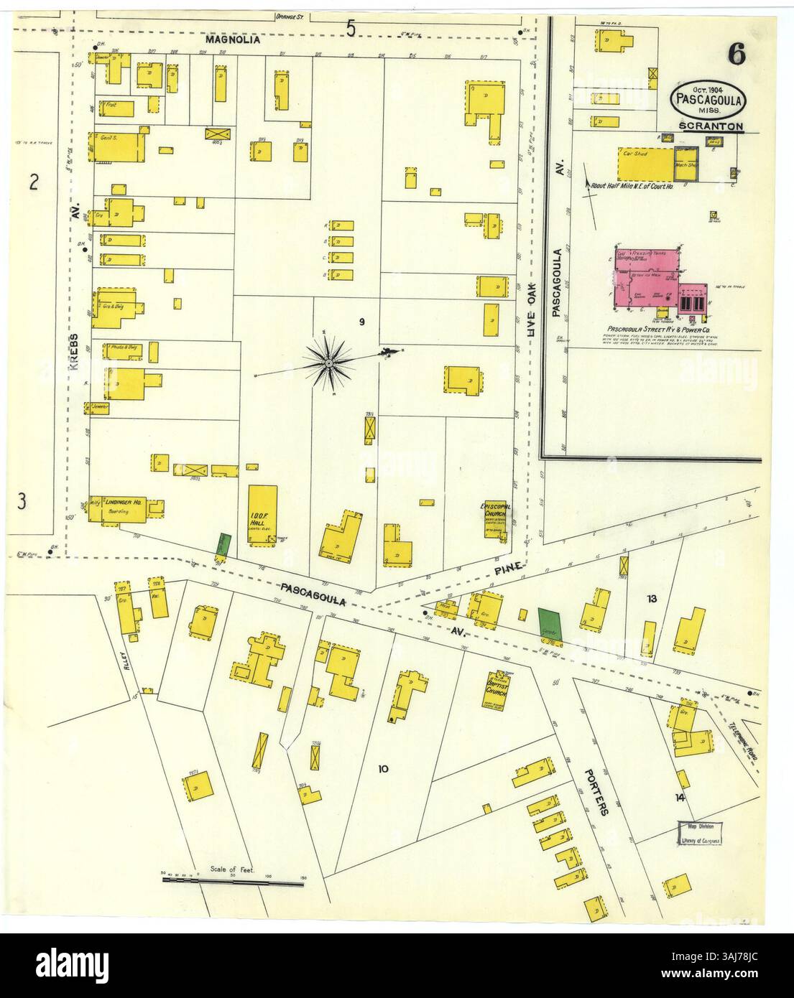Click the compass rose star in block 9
(x=328, y=364)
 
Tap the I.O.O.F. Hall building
(x=262, y=515)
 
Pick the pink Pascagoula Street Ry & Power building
(x=650, y=280)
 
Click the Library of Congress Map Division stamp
(x=701, y=832)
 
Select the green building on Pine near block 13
(x=550, y=622)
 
